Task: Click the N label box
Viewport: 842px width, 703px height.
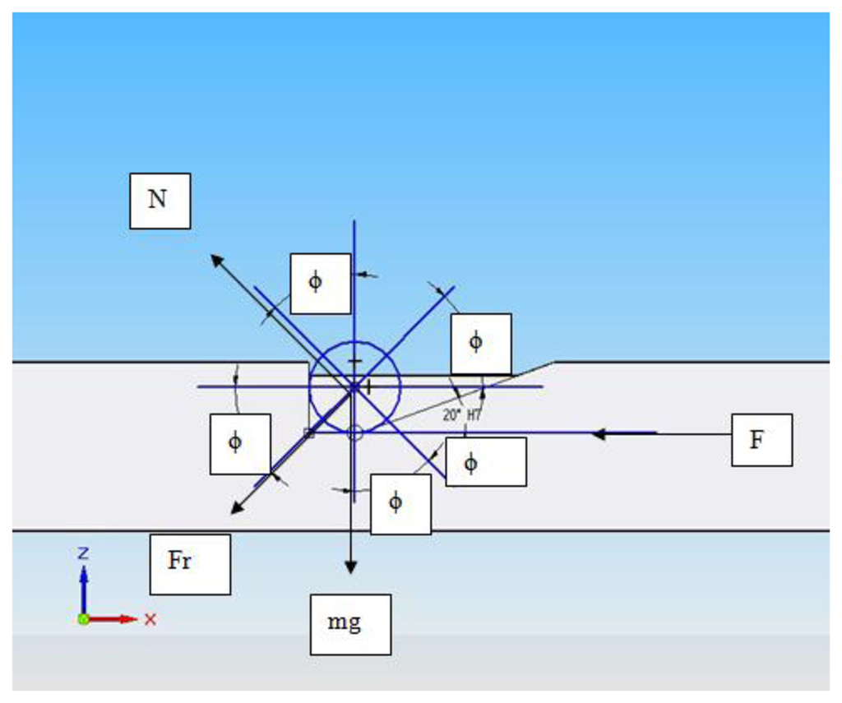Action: (x=160, y=201)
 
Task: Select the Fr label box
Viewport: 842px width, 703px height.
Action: (x=190, y=564)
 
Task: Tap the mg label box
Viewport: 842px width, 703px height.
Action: (x=350, y=624)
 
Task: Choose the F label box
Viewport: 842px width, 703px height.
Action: (x=761, y=440)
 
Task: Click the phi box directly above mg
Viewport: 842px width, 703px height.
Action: (x=400, y=504)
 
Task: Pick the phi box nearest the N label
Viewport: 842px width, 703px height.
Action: (x=321, y=283)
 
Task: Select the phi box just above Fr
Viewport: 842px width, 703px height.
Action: (x=240, y=444)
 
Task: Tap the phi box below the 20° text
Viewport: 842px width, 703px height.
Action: (x=485, y=461)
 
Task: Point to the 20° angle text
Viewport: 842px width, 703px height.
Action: (x=451, y=415)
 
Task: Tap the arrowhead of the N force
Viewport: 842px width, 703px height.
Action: (x=216, y=260)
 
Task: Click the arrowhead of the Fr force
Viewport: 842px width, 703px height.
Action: (x=236, y=509)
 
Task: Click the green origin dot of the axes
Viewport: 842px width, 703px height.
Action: (x=83, y=618)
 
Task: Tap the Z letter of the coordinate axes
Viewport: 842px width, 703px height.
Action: (x=83, y=553)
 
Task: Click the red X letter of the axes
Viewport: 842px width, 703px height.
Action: (x=150, y=619)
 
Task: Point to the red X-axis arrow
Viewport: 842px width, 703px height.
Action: (x=115, y=618)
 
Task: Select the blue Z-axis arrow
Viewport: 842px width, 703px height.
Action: (x=83, y=585)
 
